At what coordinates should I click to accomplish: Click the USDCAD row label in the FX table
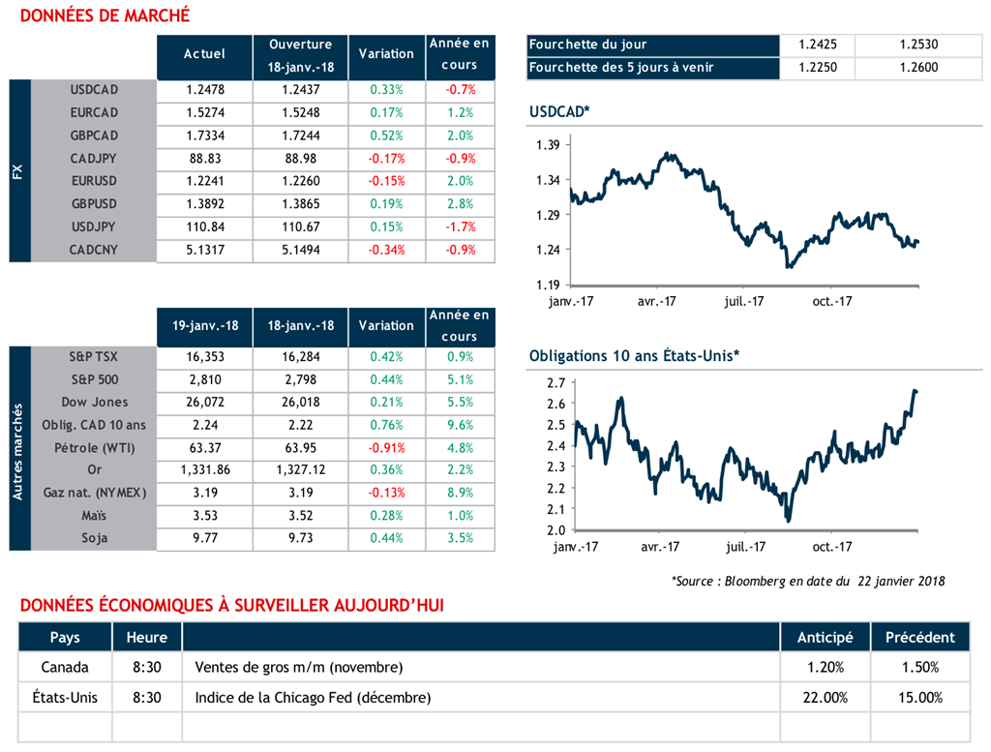coord(94,90)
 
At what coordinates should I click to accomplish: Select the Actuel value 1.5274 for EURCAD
coord(204,113)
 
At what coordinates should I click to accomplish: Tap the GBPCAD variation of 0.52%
coord(385,135)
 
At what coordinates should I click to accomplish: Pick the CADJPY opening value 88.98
coord(300,159)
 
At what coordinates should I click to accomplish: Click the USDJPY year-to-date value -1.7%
coord(460,227)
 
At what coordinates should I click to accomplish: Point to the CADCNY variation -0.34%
coord(385,250)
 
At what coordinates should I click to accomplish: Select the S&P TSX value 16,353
coord(204,356)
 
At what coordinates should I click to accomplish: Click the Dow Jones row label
coord(94,402)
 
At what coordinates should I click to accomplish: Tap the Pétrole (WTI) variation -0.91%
coord(385,447)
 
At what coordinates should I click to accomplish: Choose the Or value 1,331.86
coord(204,470)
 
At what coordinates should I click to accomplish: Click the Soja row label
coord(94,538)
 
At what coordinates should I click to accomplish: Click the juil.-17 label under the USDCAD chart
coord(745,301)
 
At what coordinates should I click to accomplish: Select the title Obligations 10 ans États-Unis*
coord(634,356)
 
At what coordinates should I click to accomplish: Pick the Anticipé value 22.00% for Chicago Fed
coord(825,697)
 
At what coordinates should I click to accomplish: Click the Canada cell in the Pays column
coord(65,667)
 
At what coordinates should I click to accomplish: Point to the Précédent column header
coord(919,637)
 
